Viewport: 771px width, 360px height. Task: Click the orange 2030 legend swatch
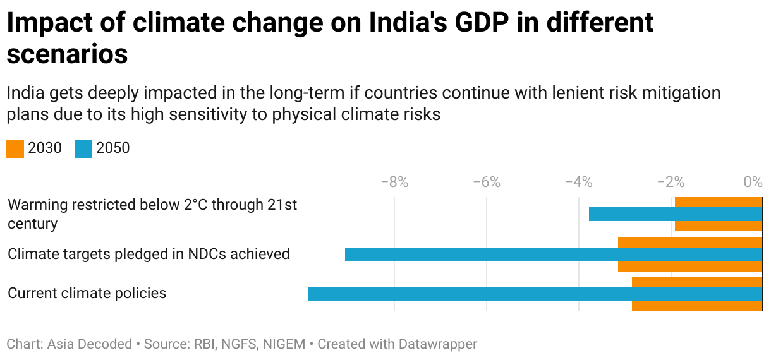point(15,149)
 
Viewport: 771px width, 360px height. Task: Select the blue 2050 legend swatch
point(83,149)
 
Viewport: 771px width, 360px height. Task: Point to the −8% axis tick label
point(394,183)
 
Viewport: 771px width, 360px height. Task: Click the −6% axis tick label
point(487,183)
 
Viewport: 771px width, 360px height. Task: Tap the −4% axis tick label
point(579,183)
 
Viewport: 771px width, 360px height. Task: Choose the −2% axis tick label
point(671,183)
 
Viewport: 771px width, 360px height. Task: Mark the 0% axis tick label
point(753,183)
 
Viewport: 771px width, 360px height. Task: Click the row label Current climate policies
point(87,293)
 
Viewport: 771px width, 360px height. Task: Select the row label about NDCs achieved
point(149,254)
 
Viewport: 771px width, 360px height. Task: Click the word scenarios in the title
point(67,55)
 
